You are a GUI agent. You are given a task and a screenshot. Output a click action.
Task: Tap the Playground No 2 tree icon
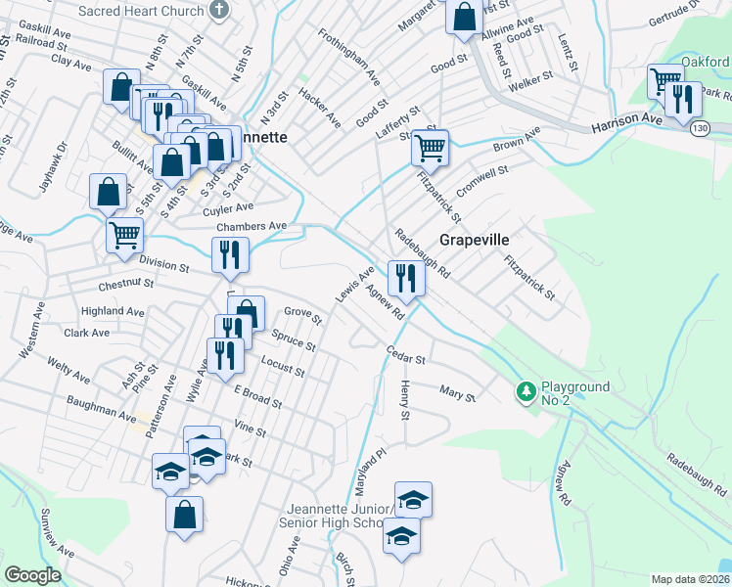526,392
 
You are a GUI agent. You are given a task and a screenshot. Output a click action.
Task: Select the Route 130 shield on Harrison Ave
698,128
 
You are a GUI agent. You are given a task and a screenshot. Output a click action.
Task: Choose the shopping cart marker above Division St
125,235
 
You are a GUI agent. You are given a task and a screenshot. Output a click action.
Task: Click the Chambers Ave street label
252,226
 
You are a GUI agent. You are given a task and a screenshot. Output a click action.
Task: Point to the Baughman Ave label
101,409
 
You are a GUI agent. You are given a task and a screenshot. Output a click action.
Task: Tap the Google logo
32,575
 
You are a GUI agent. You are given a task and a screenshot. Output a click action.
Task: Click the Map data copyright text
691,579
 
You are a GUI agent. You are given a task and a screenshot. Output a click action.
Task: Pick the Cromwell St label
482,181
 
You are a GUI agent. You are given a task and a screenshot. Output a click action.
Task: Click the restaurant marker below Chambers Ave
231,256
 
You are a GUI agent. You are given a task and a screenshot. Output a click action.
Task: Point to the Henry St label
404,402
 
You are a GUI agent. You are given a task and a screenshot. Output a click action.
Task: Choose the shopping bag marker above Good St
464,17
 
